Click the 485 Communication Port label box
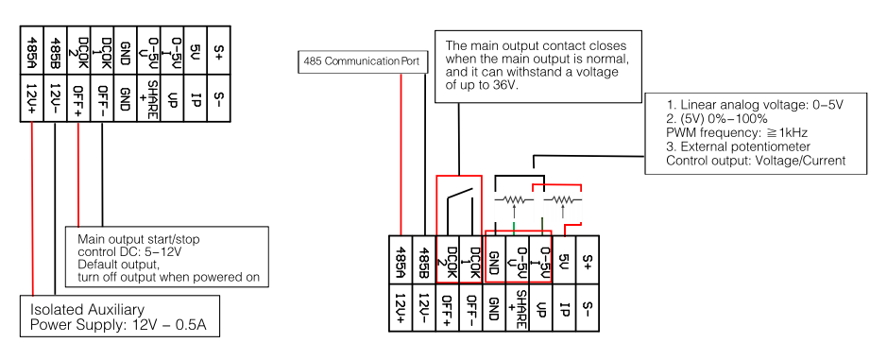click(360, 61)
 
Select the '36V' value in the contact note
click(506, 85)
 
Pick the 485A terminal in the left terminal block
click(32, 50)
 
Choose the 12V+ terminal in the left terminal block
click(32, 98)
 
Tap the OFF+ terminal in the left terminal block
click(78, 98)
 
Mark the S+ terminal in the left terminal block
click(217, 50)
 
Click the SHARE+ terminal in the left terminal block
click(147, 98)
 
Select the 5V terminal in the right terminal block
click(564, 260)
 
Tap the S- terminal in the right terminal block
click(588, 308)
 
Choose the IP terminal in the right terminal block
click(564, 308)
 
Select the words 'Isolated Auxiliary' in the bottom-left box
click(86, 309)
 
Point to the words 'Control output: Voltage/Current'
click(755, 161)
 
